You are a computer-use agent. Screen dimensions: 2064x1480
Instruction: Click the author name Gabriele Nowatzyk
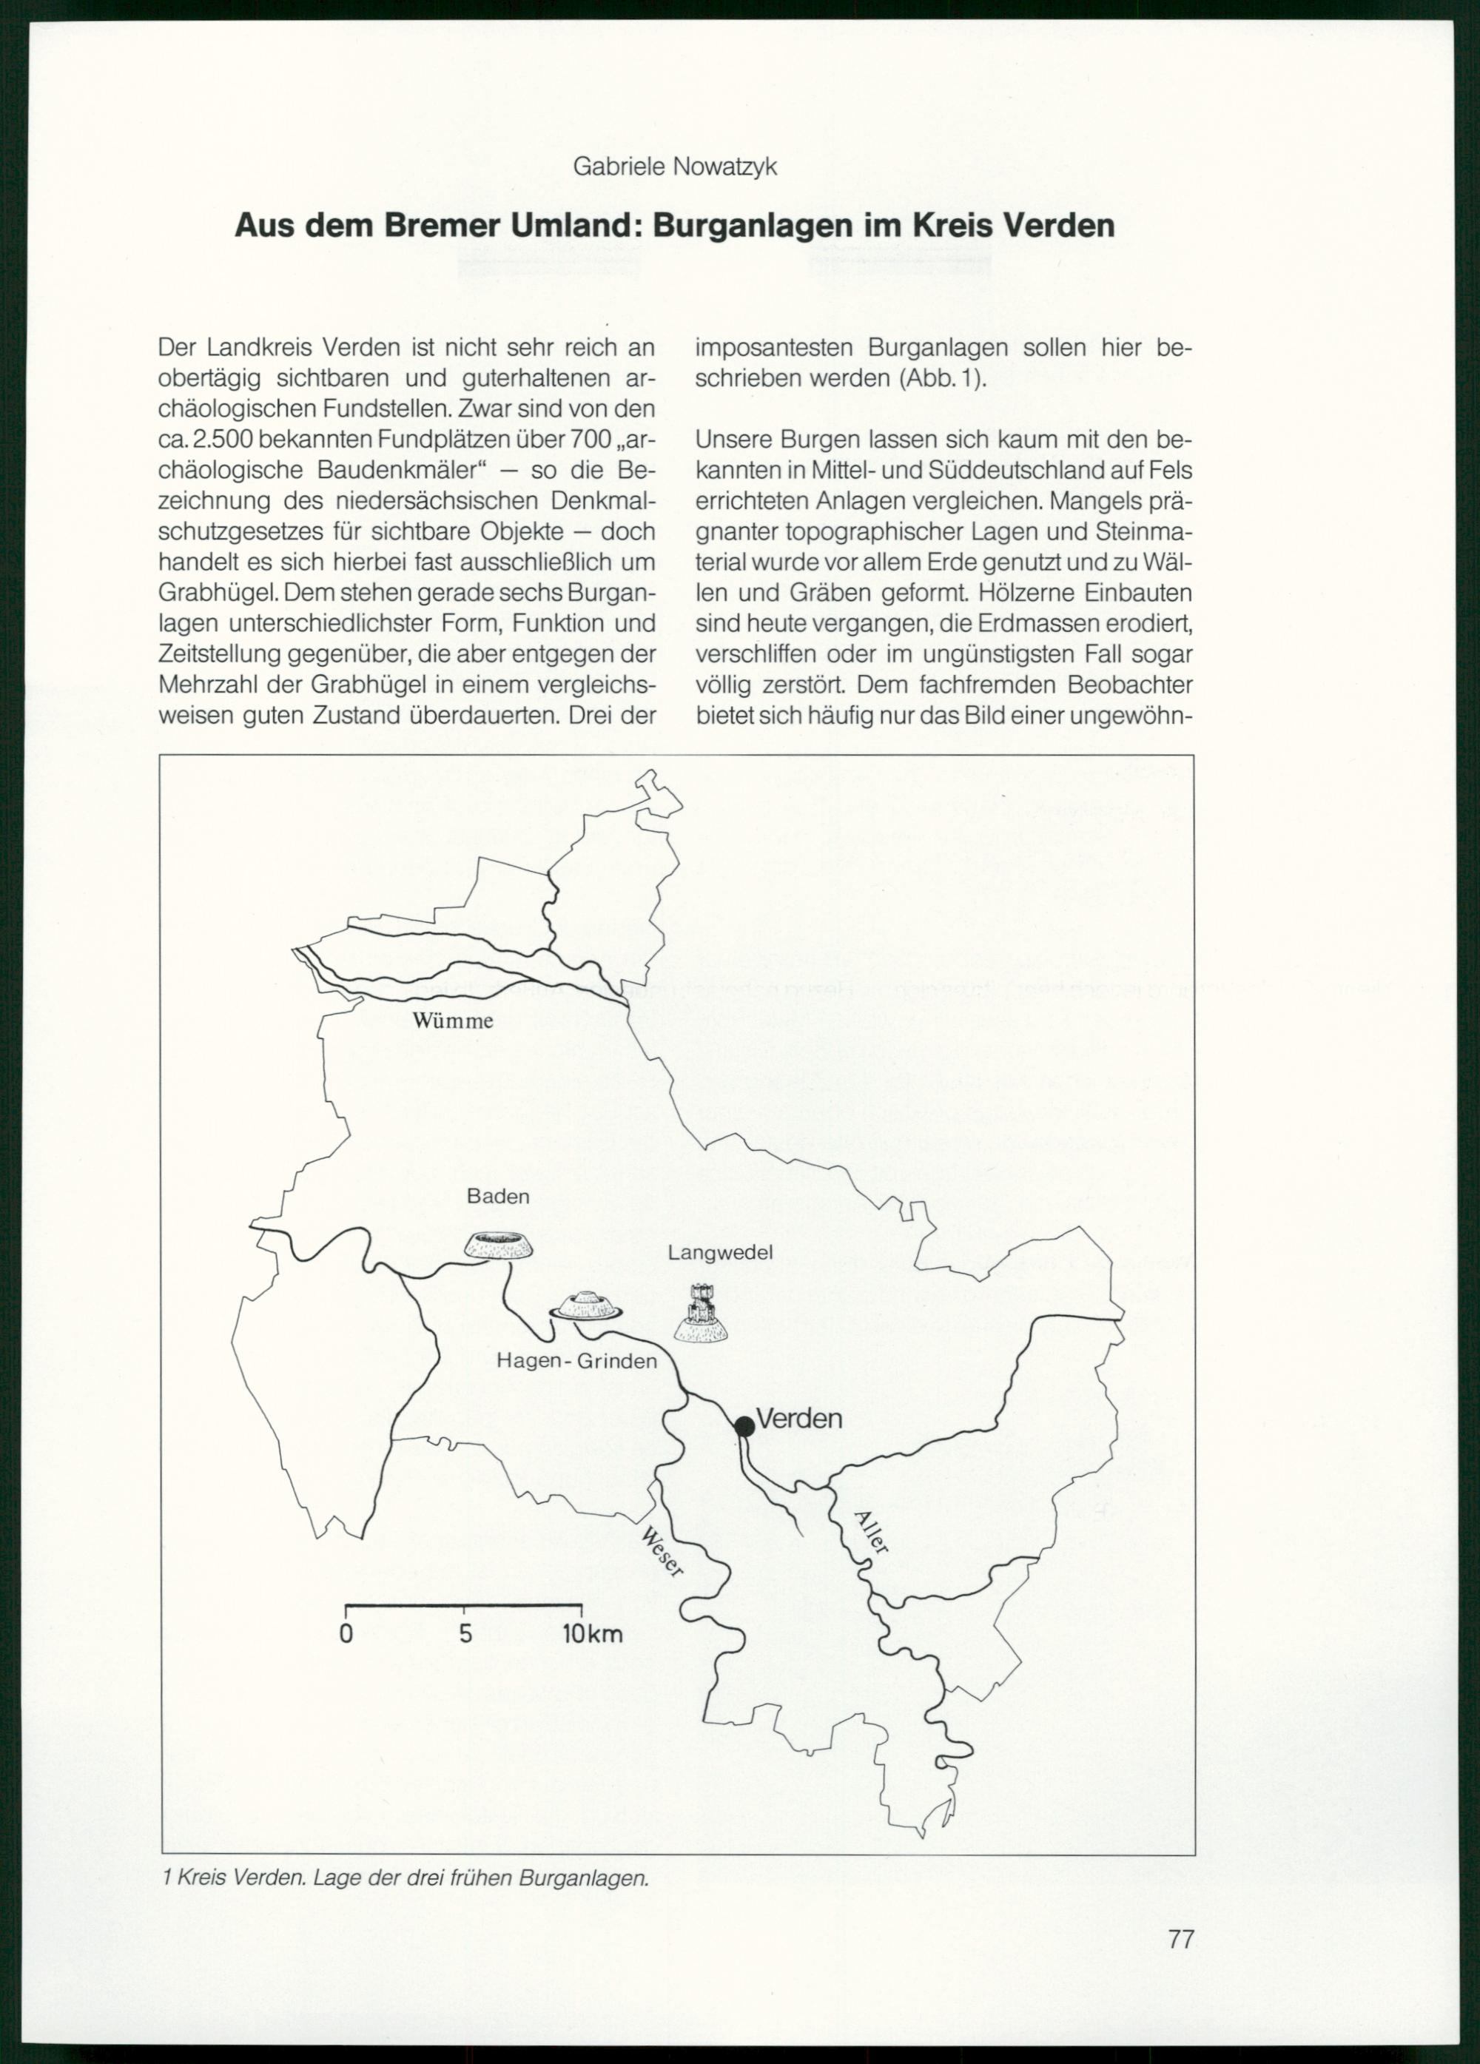[x=674, y=167]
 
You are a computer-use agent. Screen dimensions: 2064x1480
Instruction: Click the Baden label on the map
[x=498, y=1197]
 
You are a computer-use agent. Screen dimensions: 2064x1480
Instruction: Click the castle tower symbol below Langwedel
[x=700, y=1311]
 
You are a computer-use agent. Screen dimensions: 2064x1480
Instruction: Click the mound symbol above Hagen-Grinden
[x=586, y=1305]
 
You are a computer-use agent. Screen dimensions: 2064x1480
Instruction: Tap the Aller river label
[x=871, y=1532]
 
